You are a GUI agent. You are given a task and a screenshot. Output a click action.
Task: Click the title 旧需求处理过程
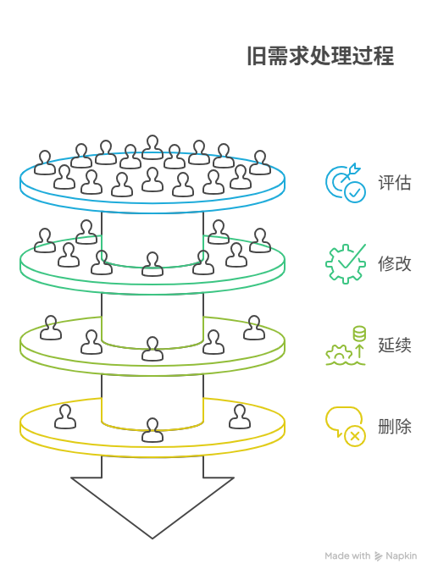(319, 57)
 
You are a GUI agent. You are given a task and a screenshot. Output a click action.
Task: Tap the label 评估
(394, 183)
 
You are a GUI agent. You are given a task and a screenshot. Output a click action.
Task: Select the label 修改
(394, 263)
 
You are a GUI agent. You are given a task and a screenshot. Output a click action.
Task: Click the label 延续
(394, 345)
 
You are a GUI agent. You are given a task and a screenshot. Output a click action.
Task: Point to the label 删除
(394, 426)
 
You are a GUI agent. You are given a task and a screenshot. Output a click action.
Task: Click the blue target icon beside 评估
(345, 183)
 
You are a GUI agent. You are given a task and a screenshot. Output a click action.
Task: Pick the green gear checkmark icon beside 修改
(345, 263)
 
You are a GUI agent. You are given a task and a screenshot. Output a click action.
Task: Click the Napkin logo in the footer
(380, 556)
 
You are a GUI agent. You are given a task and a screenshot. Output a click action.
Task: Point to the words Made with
(347, 556)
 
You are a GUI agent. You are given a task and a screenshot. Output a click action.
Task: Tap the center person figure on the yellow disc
(152, 430)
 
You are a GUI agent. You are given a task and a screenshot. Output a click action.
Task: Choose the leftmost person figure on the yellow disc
(65, 417)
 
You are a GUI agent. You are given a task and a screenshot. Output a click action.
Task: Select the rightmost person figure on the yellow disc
(240, 417)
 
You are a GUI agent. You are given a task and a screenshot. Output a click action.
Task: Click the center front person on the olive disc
(152, 349)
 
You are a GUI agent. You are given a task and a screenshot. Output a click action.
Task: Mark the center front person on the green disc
(152, 264)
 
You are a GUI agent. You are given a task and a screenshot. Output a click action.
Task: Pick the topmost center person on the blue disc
(152, 147)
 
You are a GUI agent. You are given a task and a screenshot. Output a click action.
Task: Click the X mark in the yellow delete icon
(355, 436)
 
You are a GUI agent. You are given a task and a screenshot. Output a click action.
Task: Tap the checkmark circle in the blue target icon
(355, 192)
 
